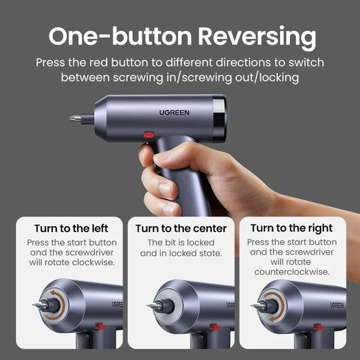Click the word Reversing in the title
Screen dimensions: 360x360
[x=257, y=37]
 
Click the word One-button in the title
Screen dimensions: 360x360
[x=120, y=36]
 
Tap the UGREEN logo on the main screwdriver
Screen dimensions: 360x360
[x=174, y=113]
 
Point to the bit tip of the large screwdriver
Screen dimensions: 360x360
[x=70, y=118]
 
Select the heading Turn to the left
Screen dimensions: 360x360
[x=71, y=229]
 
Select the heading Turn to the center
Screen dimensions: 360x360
[x=181, y=229]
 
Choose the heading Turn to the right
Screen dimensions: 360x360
[x=292, y=229]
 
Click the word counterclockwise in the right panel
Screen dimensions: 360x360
[x=292, y=272]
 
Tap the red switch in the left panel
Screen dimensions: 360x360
[x=100, y=326]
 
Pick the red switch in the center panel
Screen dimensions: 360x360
[x=214, y=327]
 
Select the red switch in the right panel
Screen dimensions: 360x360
[x=319, y=327]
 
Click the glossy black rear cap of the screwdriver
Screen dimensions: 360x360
[x=219, y=119]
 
